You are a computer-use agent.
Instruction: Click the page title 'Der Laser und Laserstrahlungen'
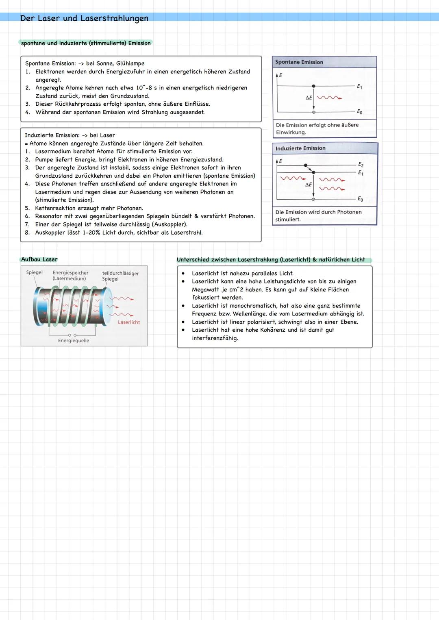(x=84, y=18)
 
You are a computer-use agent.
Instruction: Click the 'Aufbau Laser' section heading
(x=39, y=259)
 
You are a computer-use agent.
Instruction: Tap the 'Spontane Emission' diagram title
(x=299, y=62)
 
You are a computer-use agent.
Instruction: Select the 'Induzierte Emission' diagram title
(x=300, y=148)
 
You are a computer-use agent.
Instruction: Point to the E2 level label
(x=361, y=165)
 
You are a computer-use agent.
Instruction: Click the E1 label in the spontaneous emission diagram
(x=359, y=87)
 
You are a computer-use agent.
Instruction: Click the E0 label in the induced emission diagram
(x=360, y=199)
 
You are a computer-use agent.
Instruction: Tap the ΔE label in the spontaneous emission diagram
(x=309, y=98)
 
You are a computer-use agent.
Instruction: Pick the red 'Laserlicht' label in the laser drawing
(x=129, y=322)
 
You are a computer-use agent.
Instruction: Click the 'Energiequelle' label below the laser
(x=74, y=341)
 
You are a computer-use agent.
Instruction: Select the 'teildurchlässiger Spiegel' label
(x=120, y=276)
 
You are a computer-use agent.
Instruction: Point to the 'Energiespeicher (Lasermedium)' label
(x=70, y=276)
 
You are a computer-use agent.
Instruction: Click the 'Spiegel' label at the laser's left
(x=34, y=272)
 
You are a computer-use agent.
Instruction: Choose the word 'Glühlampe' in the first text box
(x=130, y=63)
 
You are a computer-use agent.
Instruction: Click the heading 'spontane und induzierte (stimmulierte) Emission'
(x=86, y=43)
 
